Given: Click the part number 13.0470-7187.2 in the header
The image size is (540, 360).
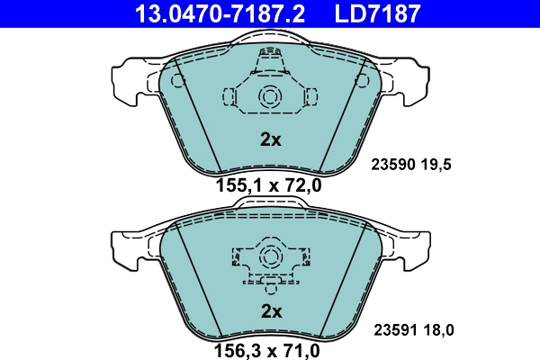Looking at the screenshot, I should pyautogui.click(x=220, y=13).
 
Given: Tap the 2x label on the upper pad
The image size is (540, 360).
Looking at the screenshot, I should pyautogui.click(x=271, y=139).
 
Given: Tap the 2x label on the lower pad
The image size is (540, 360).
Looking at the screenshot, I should pyautogui.click(x=271, y=311).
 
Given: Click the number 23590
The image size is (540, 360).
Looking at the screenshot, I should pyautogui.click(x=393, y=166).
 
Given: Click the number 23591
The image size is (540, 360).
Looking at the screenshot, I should pyautogui.click(x=393, y=330).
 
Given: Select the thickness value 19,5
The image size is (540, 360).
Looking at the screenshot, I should pyautogui.click(x=437, y=166).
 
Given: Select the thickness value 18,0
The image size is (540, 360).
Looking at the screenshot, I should pyautogui.click(x=437, y=330).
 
